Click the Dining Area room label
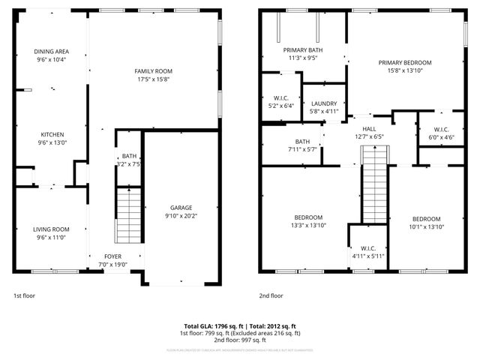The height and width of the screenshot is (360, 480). [x=51, y=51]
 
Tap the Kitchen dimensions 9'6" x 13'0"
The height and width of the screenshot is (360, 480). [x=51, y=142]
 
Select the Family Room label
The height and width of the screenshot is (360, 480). [x=154, y=71]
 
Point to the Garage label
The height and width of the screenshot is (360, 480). [x=181, y=208]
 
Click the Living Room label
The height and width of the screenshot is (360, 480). [x=51, y=229]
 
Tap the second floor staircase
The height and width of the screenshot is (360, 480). [x=373, y=184]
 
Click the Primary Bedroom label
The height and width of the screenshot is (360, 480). [x=405, y=63]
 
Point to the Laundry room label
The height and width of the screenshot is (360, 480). [x=324, y=103]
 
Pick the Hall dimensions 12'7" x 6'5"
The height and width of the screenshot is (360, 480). [x=368, y=137]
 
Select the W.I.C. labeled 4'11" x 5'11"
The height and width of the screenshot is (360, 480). [x=367, y=256]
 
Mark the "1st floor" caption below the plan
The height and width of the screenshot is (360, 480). [x=23, y=295]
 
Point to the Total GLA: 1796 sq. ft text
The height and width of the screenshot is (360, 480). [x=207, y=326]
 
